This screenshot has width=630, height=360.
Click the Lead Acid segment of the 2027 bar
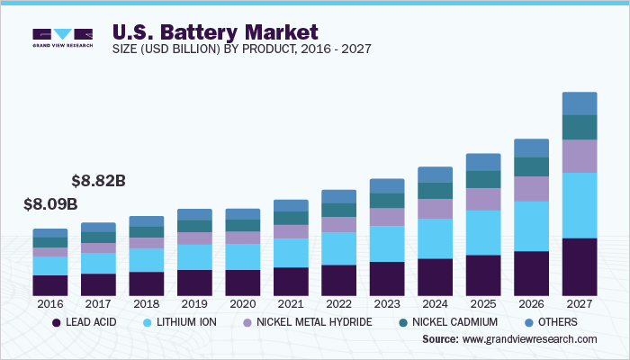pyautogui.click(x=579, y=267)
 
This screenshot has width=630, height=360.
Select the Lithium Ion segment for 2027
pyautogui.click(x=579, y=205)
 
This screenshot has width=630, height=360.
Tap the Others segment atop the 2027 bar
pyautogui.click(x=579, y=103)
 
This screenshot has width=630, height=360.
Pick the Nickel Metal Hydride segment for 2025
pyautogui.click(x=482, y=199)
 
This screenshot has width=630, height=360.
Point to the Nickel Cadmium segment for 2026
pyautogui.click(x=531, y=166)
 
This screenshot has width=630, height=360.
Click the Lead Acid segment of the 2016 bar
pyautogui.click(x=50, y=285)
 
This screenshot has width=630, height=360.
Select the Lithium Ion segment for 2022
pyautogui.click(x=338, y=248)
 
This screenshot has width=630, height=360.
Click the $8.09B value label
pyautogui.click(x=50, y=204)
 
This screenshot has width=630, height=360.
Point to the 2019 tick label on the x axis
pyautogui.click(x=194, y=305)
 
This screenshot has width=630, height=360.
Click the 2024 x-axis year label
pyautogui.click(x=435, y=305)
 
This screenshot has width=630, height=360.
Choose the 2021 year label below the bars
pyautogui.click(x=291, y=305)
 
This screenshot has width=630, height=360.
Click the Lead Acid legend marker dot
pyautogui.click(x=56, y=321)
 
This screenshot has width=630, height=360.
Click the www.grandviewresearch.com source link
pyautogui.click(x=529, y=339)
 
